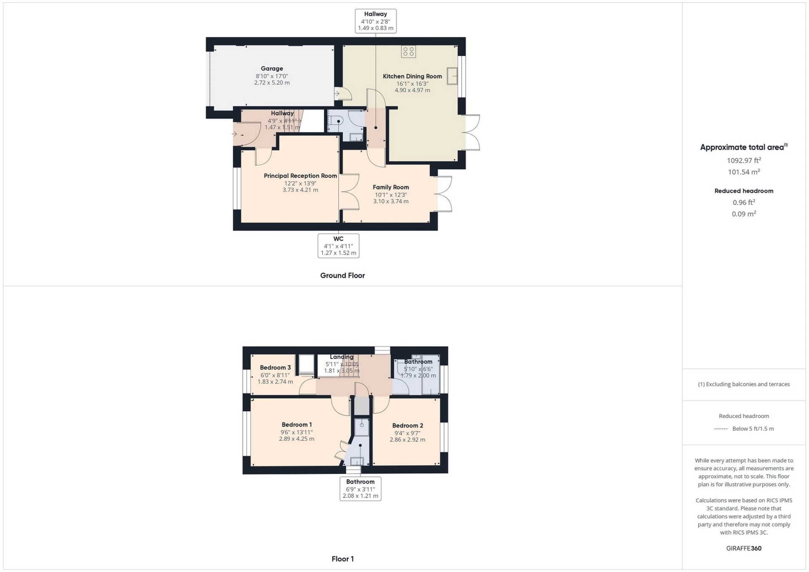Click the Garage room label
click(272, 69)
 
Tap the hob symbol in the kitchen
click(408, 52)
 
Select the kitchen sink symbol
click(453, 76)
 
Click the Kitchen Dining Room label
click(412, 77)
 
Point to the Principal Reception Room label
click(300, 176)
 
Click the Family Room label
click(391, 187)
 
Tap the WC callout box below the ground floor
click(338, 246)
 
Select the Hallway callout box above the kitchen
click(375, 21)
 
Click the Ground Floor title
click(342, 276)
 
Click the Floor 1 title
click(343, 559)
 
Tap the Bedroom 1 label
click(297, 425)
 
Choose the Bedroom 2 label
click(407, 426)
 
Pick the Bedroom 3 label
click(275, 368)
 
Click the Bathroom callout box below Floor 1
click(360, 489)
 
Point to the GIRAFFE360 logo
click(744, 548)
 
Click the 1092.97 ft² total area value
click(744, 160)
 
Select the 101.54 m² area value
click(744, 172)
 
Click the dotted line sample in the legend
click(721, 429)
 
